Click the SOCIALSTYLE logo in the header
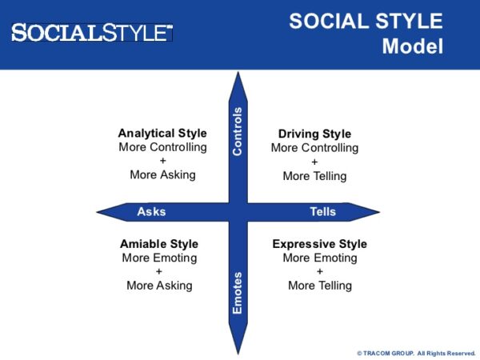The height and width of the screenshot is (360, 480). pos(92,33)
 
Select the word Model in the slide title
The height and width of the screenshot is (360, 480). pos(412,46)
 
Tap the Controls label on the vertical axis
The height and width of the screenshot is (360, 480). pos(238,131)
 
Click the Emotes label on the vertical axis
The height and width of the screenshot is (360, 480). pos(238,293)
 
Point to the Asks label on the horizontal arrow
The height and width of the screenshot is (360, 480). pos(151,212)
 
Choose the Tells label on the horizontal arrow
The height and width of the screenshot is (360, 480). pos(322,212)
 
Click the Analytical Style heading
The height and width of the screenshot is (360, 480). pos(162,134)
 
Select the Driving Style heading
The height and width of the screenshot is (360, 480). pos(314,134)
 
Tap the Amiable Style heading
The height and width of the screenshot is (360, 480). pos(159,244)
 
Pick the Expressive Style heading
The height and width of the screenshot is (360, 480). pos(319,244)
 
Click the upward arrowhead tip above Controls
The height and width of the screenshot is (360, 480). pos(238,74)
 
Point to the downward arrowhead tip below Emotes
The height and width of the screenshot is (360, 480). pos(238,335)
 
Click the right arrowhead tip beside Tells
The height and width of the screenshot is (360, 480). pos(378,212)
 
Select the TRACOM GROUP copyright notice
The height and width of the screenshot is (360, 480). pos(416,353)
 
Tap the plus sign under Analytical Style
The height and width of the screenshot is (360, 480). pos(162,161)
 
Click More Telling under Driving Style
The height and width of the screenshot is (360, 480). pos(314,176)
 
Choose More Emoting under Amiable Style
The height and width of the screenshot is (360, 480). pos(159,258)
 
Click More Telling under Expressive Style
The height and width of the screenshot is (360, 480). pos(319,285)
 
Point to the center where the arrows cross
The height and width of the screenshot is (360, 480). pos(238,212)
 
